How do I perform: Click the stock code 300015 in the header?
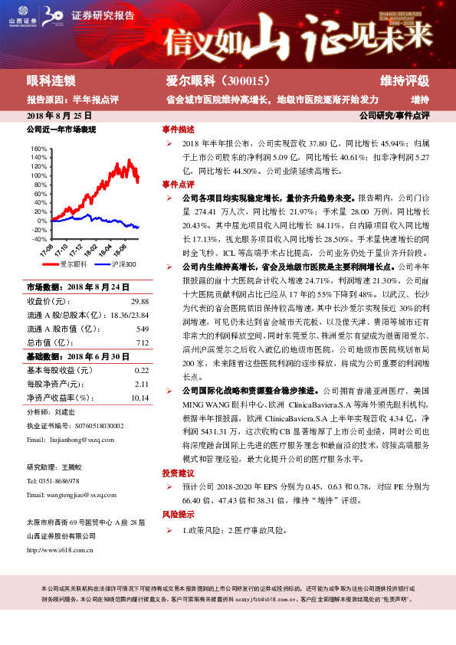coord(241,80)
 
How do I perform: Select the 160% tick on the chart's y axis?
coord(38,149)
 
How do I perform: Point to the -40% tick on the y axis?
coord(38,239)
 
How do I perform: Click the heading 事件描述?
coord(178,129)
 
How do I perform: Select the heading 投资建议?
coord(178,494)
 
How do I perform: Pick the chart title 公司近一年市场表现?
coord(61,130)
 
